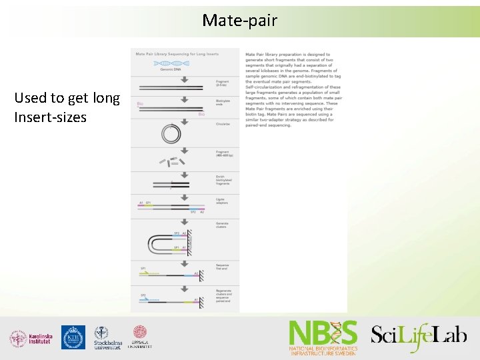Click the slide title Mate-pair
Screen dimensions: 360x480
[x=239, y=21]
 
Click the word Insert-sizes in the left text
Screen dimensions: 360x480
[x=51, y=118]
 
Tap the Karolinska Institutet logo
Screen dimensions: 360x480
[x=30, y=338]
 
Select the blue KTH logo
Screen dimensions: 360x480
[x=73, y=337]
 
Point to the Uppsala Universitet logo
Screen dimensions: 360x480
[x=140, y=337]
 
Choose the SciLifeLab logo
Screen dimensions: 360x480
[x=419, y=335]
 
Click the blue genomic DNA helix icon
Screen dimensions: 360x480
[x=172, y=63]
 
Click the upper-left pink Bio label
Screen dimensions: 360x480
[x=140, y=104]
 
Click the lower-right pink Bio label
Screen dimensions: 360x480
[x=201, y=114]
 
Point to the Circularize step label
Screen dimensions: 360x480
[x=223, y=124]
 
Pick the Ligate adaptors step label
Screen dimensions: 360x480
[x=223, y=201]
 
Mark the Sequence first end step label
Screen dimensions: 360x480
[x=223, y=266]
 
